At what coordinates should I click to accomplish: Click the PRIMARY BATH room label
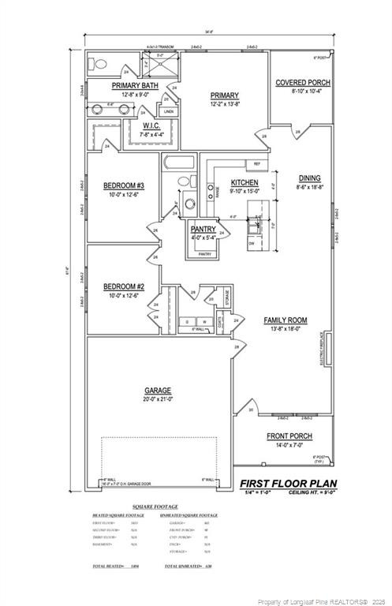135,85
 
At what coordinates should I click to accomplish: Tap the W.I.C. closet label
152,125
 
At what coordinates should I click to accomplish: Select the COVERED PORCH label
302,82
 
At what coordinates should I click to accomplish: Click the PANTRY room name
203,229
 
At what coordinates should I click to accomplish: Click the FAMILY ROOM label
286,320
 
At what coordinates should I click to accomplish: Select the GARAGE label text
158,391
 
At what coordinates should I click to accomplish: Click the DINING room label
309,178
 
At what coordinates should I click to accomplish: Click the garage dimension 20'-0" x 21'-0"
158,399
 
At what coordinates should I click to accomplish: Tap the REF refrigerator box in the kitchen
256,163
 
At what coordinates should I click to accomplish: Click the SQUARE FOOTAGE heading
155,507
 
